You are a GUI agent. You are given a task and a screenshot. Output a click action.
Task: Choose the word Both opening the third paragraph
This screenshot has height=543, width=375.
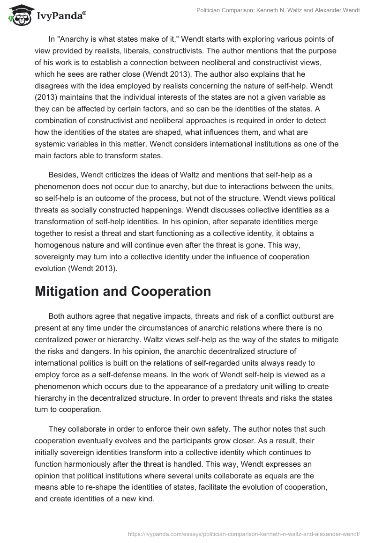(59, 316)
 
